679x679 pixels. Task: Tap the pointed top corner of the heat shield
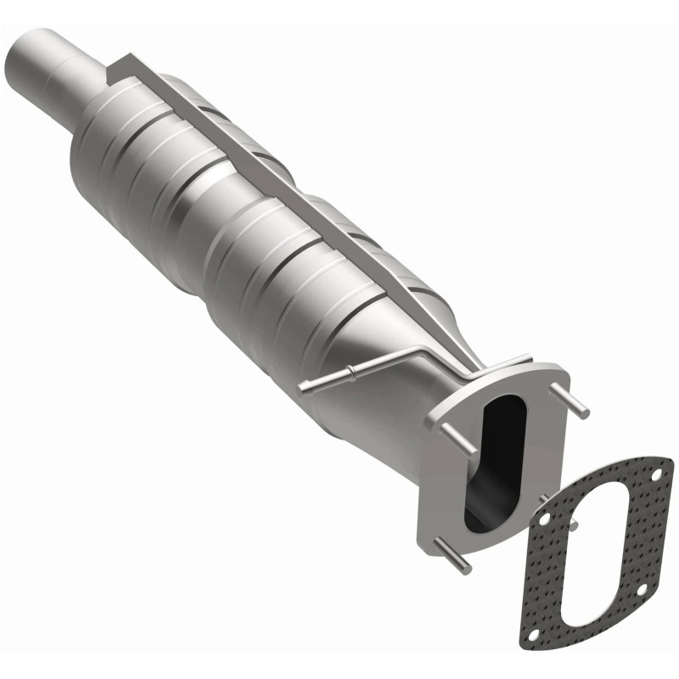coord(126,57)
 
